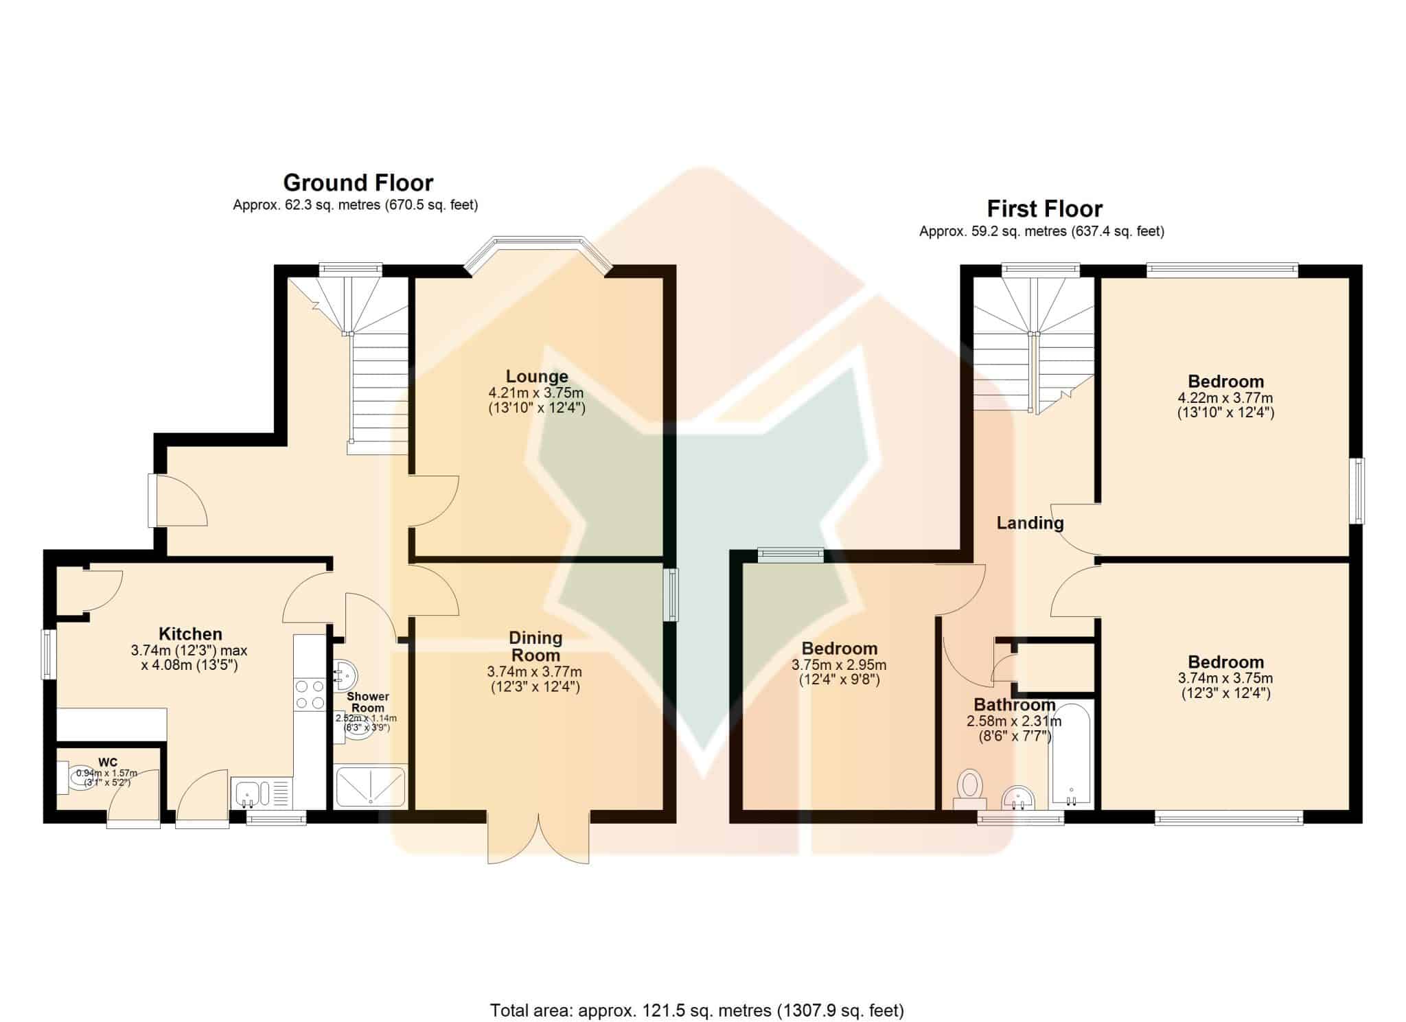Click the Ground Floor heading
coord(358,183)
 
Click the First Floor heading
coord(1045,208)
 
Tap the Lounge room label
coord(537,376)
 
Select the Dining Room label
coord(535,647)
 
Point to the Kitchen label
coord(190,634)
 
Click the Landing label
coord(1030,523)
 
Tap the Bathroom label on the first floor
coord(1015,705)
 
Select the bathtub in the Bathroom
coord(1070,754)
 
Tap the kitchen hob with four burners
coord(309,693)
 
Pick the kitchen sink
coord(262,793)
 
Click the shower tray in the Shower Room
coord(370,786)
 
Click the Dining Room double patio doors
coord(539,837)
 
